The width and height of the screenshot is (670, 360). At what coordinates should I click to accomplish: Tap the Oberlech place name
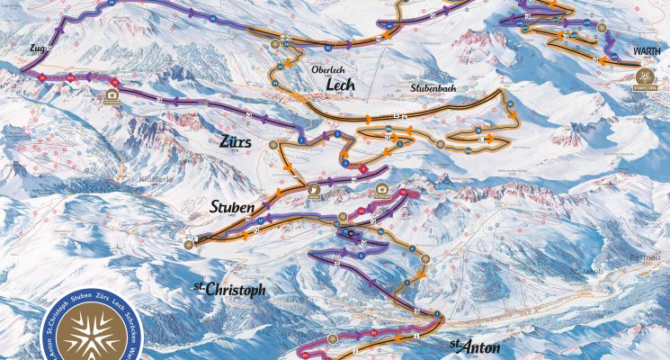click(328, 68)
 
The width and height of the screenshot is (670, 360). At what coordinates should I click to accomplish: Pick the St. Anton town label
click(474, 345)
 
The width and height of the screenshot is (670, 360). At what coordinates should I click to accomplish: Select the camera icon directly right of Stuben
click(313, 191)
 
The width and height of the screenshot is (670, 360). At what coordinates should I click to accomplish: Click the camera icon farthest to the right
click(382, 190)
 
